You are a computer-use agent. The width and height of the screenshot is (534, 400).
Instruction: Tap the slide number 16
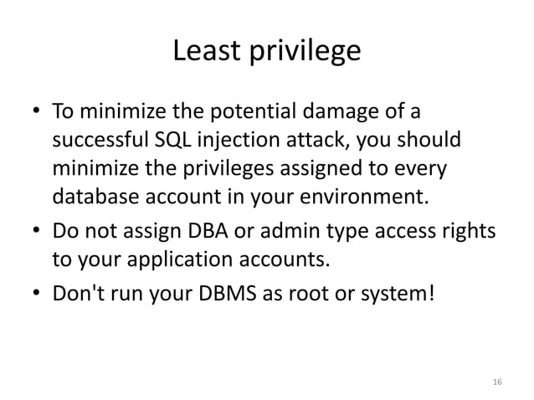[497, 382]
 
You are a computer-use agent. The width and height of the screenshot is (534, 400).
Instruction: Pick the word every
[426, 169]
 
